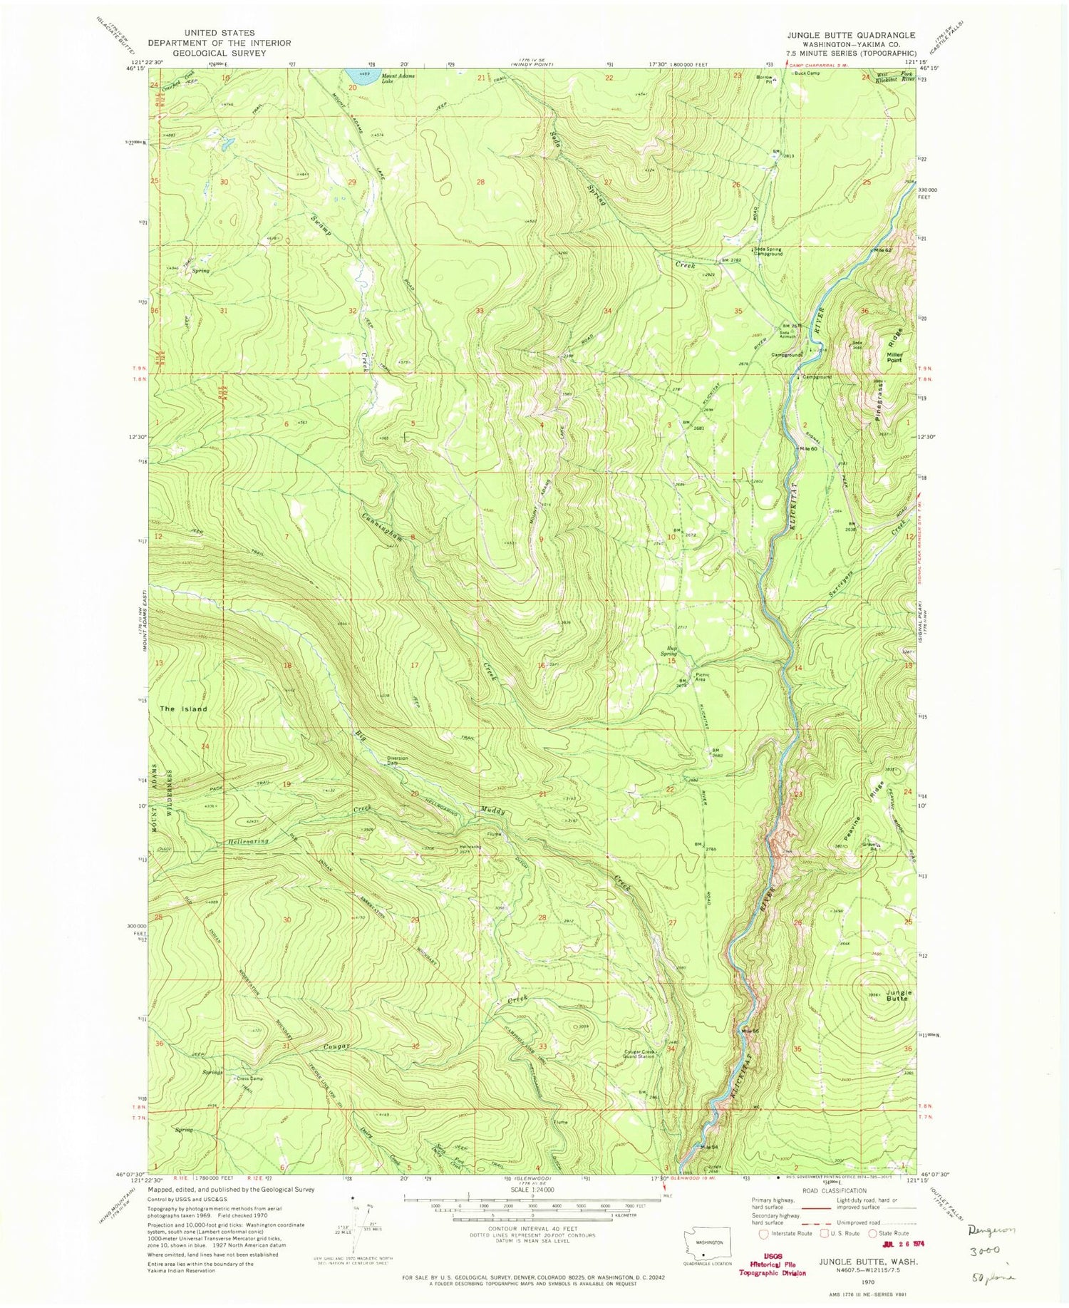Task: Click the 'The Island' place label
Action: pos(183,709)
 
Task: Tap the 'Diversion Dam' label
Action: pos(397,761)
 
